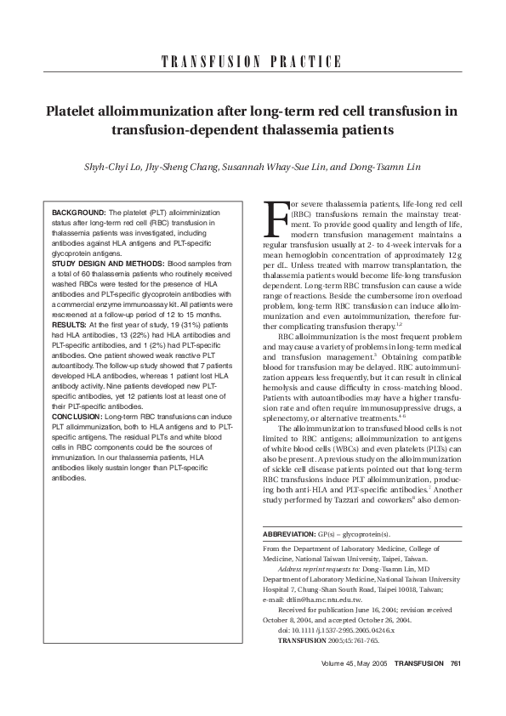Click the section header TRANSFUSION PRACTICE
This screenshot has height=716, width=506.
(252, 62)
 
